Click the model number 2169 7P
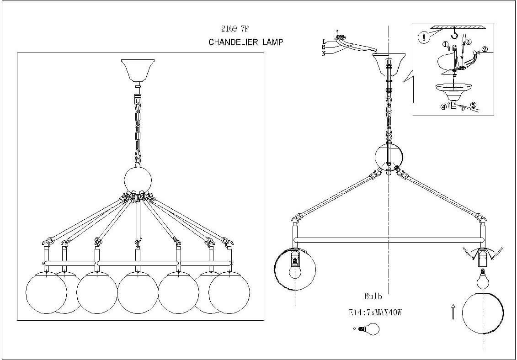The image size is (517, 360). (235, 29)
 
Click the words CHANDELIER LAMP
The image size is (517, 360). (246, 42)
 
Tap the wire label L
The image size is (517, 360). (324, 40)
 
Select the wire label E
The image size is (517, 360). (324, 47)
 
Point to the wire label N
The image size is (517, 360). (324, 53)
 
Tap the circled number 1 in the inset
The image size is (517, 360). (445, 45)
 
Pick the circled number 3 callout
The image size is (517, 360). (469, 42)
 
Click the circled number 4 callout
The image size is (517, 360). (443, 108)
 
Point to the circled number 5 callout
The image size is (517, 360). (473, 105)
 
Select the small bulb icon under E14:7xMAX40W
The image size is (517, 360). (369, 328)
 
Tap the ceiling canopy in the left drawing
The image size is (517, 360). (138, 70)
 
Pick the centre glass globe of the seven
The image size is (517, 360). (138, 292)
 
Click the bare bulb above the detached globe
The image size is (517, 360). (483, 276)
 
